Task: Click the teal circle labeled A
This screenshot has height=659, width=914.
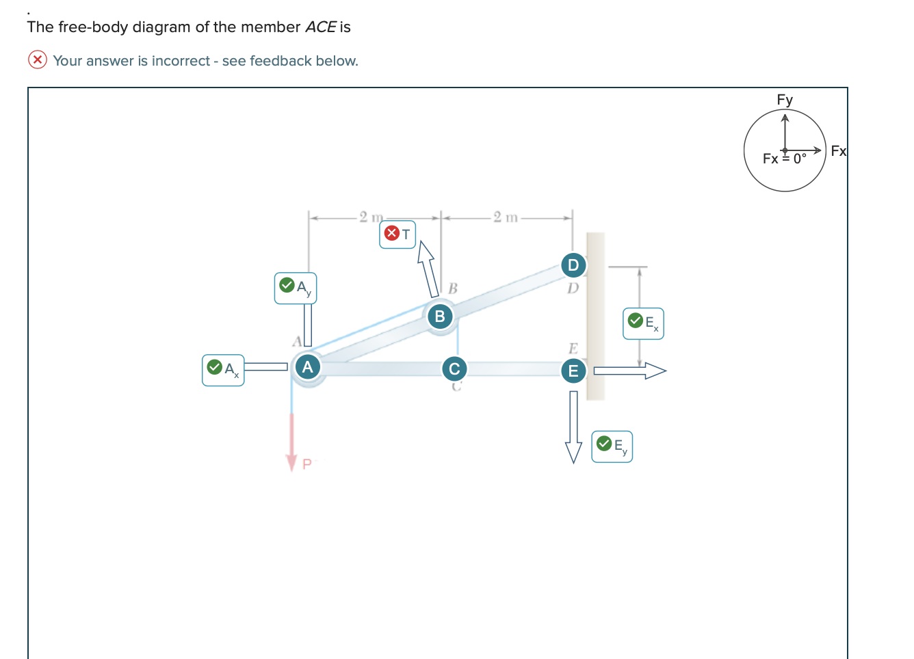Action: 308,367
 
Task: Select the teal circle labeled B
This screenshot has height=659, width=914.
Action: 440,317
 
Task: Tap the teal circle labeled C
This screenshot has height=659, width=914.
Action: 454,369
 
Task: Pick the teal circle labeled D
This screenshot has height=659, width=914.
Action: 573,265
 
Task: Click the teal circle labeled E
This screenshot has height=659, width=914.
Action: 573,371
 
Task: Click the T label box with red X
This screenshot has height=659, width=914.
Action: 397,234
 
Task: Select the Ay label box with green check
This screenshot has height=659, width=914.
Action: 296,288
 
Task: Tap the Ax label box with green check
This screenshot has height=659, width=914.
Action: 223,370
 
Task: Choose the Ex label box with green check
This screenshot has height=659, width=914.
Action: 643,323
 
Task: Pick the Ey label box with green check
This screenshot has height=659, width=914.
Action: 612,446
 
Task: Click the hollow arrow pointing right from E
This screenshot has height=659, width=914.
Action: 629,371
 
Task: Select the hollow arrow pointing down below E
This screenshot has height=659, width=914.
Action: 573,427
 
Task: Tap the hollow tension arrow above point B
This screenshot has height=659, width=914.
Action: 428,268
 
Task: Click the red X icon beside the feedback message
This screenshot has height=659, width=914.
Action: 37,60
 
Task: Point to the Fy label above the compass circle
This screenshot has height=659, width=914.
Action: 785,100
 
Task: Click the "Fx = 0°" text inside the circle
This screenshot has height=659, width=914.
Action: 785,159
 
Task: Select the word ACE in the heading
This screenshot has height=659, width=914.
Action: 320,27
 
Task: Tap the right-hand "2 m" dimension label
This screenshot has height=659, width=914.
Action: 506,217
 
